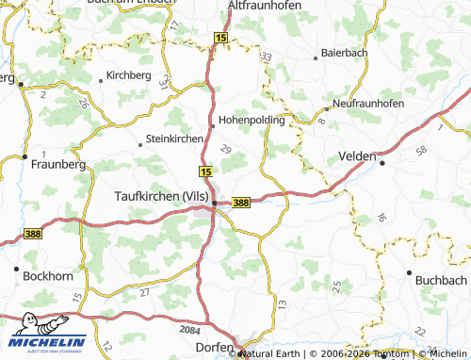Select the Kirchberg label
(128, 74)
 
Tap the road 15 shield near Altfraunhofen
(221, 38)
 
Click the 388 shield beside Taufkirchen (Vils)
(241, 203)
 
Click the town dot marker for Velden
(382, 162)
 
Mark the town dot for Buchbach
(409, 273)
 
